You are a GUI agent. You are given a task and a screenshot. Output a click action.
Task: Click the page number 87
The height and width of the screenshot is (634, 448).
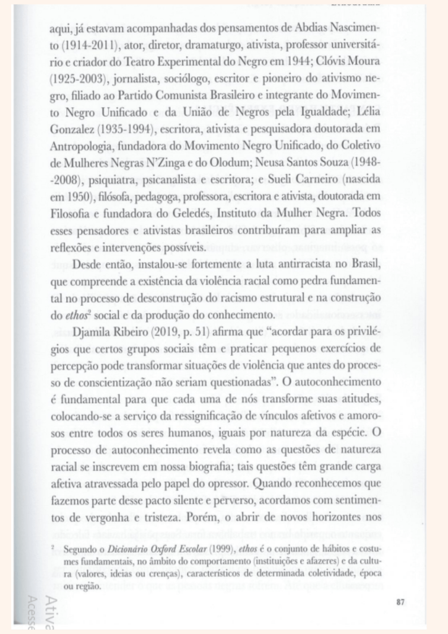click(x=400, y=600)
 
